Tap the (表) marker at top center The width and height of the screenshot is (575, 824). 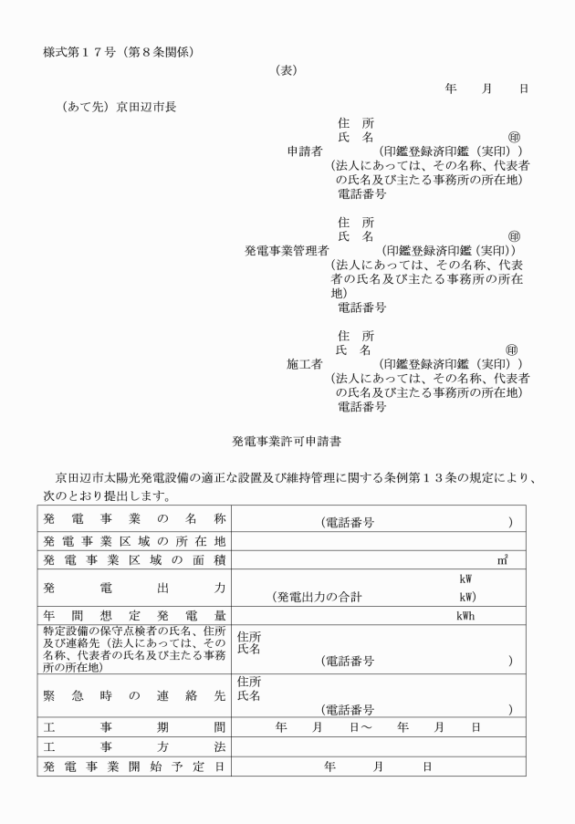click(287, 69)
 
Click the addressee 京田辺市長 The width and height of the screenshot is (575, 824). click(147, 106)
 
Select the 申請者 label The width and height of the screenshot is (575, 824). click(305, 151)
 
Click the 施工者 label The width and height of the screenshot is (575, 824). click(305, 363)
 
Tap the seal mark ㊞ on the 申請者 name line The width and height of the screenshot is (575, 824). click(514, 137)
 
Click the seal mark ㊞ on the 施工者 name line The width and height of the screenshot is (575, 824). click(513, 349)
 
